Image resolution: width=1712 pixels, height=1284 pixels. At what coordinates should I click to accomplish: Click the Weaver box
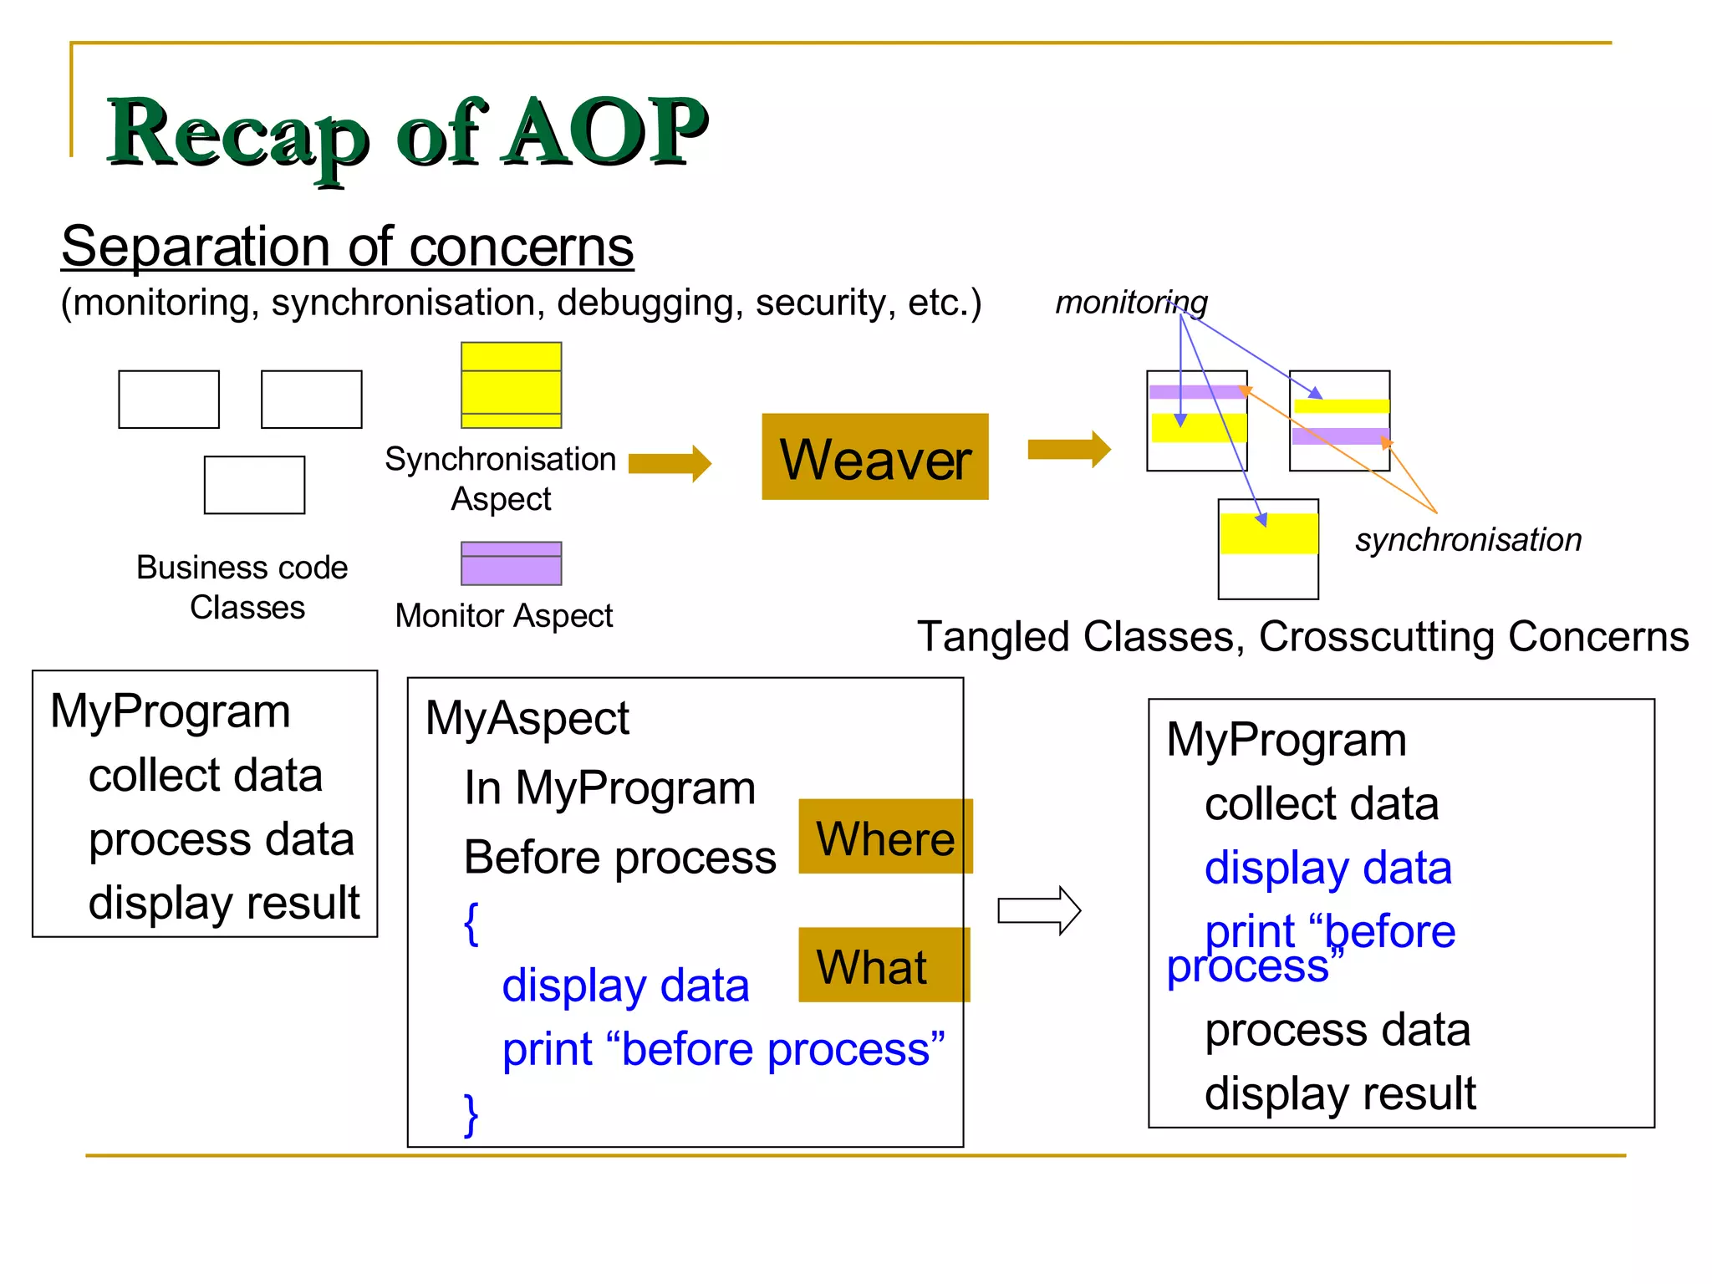pyautogui.click(x=874, y=457)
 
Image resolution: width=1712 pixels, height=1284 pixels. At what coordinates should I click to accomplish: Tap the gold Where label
pyautogui.click(x=884, y=837)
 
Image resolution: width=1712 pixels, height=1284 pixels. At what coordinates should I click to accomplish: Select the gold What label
pyautogui.click(x=883, y=966)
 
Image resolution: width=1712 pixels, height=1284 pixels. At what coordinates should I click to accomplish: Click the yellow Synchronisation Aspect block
pyautogui.click(x=511, y=385)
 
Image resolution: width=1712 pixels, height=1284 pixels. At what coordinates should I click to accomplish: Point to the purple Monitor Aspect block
pyautogui.click(x=511, y=563)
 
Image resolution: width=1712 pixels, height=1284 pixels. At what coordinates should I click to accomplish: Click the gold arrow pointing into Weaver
pyautogui.click(x=669, y=463)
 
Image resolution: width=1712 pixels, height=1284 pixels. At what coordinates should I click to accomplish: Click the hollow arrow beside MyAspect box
pyautogui.click(x=1039, y=910)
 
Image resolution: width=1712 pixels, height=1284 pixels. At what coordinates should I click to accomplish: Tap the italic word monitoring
pyautogui.click(x=1130, y=303)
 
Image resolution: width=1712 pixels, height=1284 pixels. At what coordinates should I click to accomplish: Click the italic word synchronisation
pyautogui.click(x=1468, y=540)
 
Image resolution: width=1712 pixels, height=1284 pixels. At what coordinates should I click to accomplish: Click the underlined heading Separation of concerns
pyautogui.click(x=348, y=247)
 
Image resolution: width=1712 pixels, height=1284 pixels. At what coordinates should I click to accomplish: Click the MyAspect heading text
pyautogui.click(x=527, y=718)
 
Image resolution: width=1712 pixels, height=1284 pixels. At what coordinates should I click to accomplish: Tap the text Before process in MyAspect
pyautogui.click(x=619, y=858)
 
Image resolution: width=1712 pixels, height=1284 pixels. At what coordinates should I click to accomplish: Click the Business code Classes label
pyautogui.click(x=242, y=587)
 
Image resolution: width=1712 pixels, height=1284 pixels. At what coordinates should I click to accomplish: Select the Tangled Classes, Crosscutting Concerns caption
pyautogui.click(x=1302, y=637)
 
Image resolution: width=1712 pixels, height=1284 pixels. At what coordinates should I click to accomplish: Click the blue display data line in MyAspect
pyautogui.click(x=625, y=986)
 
